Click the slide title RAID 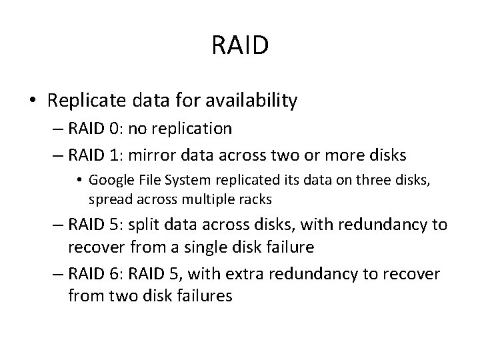point(240,46)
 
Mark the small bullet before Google point(80,180)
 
